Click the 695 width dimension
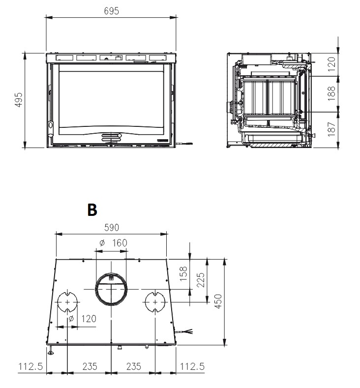111,11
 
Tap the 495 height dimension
19,99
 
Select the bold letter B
92,210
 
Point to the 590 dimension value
112,227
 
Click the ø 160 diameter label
113,243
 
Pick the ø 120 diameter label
82,319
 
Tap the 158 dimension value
183,274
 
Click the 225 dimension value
201,280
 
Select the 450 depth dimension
218,301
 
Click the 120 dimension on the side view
331,64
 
